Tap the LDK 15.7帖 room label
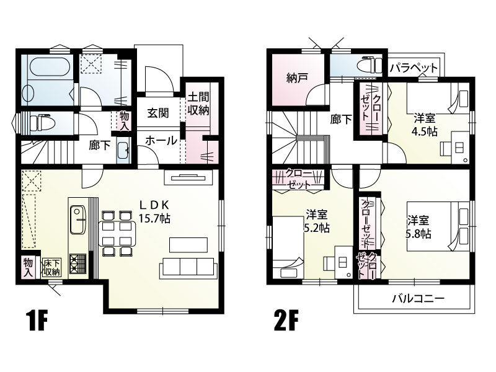tap(154, 211)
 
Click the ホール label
tap(161, 141)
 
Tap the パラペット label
tap(414, 68)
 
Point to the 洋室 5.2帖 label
tap(317, 221)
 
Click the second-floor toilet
tap(370, 65)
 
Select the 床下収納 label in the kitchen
tap(51, 268)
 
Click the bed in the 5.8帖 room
tap(449, 228)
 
